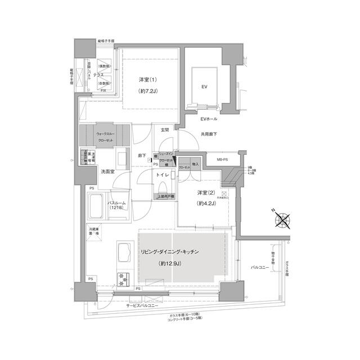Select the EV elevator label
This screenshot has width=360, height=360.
point(204,87)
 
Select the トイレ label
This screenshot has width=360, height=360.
point(163,175)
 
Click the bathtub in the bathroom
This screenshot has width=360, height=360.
point(96,206)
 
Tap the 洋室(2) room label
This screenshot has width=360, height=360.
point(208,193)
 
